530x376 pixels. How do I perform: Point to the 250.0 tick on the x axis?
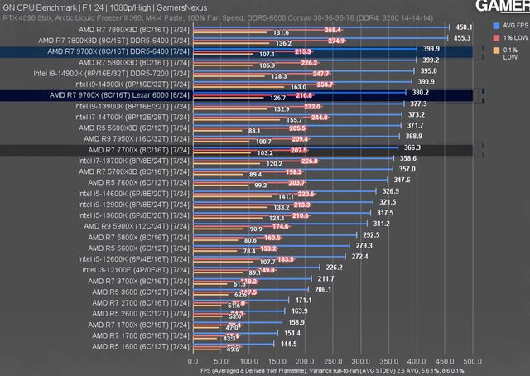point(332,361)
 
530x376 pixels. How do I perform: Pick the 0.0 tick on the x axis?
point(193,361)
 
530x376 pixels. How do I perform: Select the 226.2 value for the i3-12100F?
point(335,267)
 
